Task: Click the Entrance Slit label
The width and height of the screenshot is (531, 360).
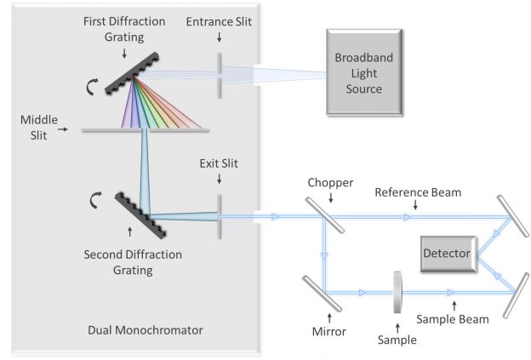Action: pyautogui.click(x=220, y=19)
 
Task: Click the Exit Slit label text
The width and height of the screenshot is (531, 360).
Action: pyautogui.click(x=220, y=162)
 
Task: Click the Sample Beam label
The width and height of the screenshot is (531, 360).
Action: pyautogui.click(x=453, y=319)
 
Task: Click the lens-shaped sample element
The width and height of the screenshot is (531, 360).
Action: pyautogui.click(x=397, y=292)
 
